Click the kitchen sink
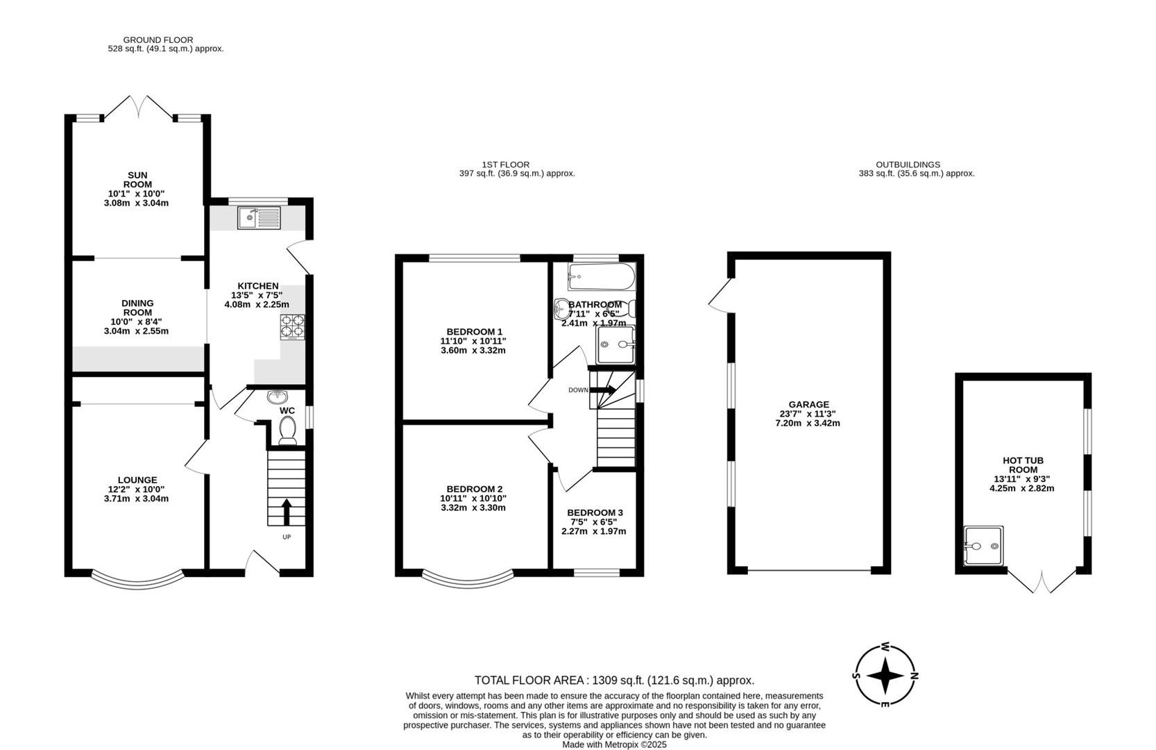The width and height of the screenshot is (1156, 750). pos(259,217)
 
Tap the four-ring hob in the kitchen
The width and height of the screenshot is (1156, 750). pos(293,328)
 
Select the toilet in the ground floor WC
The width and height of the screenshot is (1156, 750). pos(287,431)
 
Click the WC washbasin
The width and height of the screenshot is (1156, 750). pos(278,397)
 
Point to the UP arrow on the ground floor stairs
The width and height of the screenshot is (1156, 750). pos(285,512)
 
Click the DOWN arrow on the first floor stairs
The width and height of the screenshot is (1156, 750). pos(602,390)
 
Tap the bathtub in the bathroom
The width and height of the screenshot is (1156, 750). pos(601,277)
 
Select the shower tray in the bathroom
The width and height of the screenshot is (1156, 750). pos(615,344)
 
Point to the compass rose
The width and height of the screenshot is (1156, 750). pos(885,675)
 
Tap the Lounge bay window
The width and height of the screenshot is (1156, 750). pos(137,578)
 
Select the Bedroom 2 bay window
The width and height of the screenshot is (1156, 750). pos(468,578)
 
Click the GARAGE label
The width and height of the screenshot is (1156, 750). pos(808,405)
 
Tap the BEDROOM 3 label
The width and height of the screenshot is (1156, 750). pos(595,512)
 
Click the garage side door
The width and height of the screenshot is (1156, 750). pos(720,295)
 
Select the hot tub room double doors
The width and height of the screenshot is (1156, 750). pos(1042,582)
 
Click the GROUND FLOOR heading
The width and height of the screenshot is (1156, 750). pos(158,40)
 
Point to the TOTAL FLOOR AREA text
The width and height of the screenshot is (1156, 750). pos(614,681)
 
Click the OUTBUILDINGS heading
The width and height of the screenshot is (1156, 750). pos(917,165)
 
